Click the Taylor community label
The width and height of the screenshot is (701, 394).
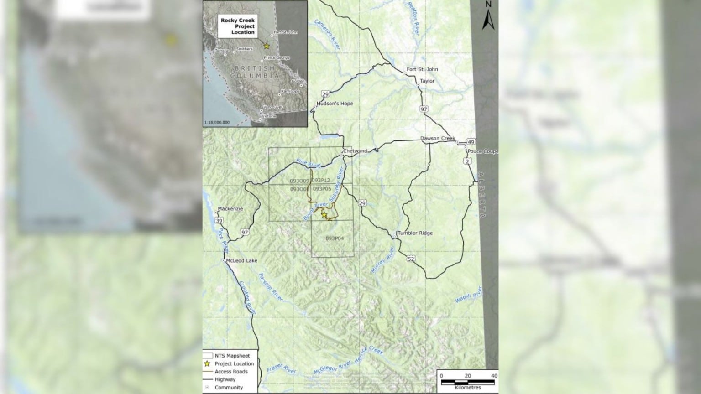[428, 81]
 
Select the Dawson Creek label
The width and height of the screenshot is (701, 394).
[438, 138]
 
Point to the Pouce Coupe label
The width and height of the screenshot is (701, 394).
[483, 151]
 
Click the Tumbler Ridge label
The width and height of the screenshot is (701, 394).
[414, 233]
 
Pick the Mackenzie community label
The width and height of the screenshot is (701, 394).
[230, 209]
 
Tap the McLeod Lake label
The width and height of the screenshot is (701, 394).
[241, 261]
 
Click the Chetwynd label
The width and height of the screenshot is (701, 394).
[355, 151]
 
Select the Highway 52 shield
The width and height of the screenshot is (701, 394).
[412, 259]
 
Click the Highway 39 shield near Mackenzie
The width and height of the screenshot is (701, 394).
[219, 221]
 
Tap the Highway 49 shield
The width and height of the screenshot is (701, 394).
[471, 142]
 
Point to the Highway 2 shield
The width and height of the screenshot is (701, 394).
[468, 161]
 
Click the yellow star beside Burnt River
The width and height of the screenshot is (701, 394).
[324, 214]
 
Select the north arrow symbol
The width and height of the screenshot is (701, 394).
[488, 17]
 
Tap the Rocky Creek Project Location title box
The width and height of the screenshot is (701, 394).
[238, 26]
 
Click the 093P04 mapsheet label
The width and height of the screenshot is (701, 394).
[335, 238]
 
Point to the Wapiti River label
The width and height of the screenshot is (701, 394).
[468, 295]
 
